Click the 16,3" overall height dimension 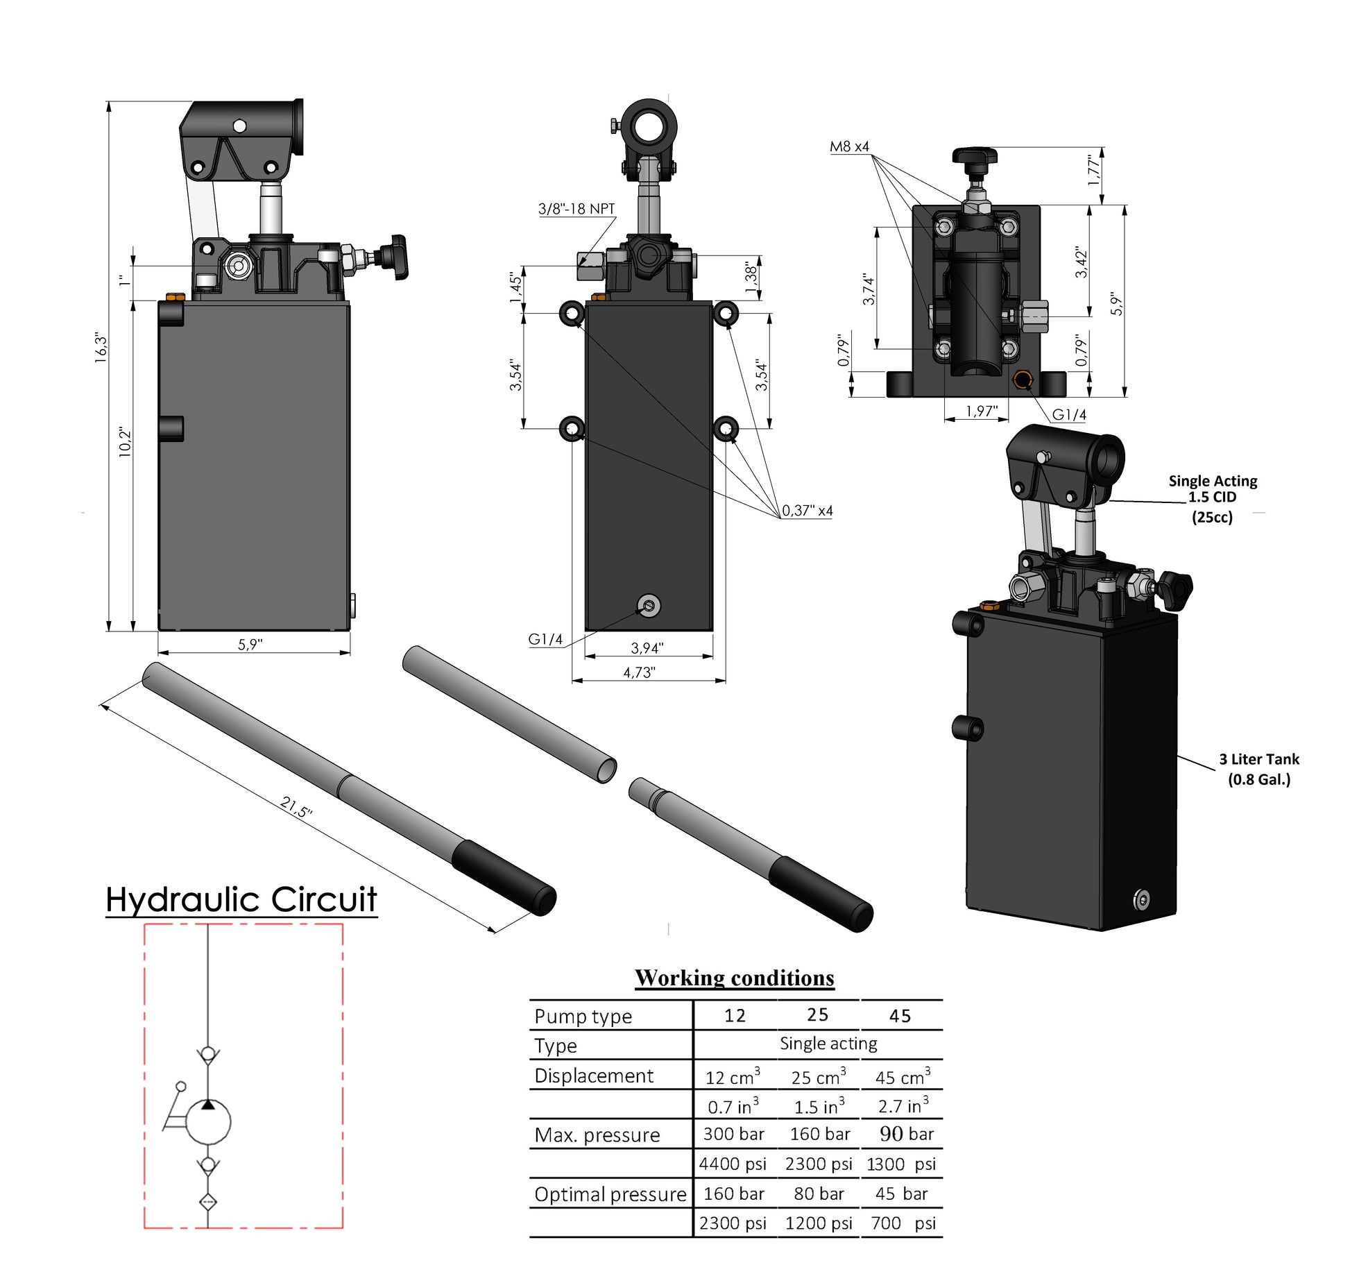pos(101,348)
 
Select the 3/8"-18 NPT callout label pos(576,209)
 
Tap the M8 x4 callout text pos(849,146)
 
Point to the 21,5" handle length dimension pos(296,806)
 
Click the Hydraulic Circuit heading pos(241,899)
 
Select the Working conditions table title pos(734,978)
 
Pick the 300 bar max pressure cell pos(733,1134)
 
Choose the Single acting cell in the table pos(828,1044)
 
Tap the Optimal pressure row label pos(610,1194)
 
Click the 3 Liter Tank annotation pos(1258,769)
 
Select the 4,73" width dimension pos(638,672)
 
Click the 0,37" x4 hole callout pos(807,511)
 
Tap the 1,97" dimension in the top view pos(981,411)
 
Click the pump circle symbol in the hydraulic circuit pos(208,1121)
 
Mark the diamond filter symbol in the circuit pos(207,1202)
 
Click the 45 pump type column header pos(900,1016)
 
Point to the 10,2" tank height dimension pos(125,441)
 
